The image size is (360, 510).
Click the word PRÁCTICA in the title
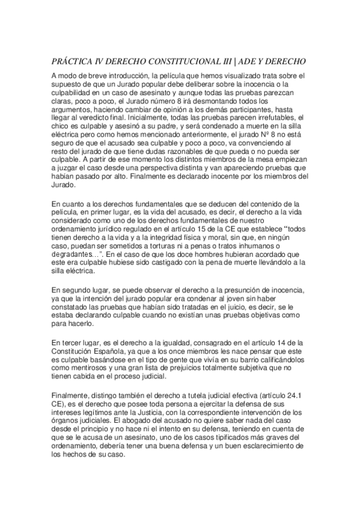(70, 62)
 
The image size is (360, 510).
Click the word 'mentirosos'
(88, 369)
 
